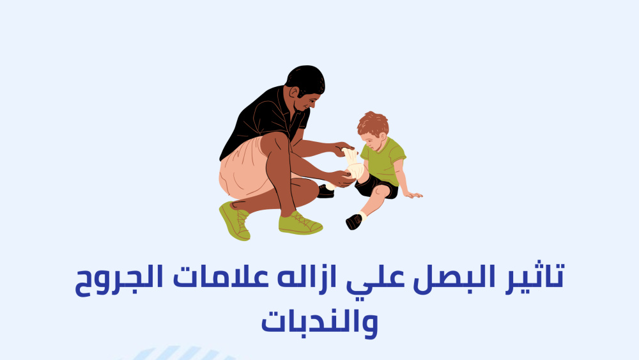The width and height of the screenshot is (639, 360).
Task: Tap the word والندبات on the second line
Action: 319,323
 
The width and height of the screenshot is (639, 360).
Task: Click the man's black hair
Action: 305,80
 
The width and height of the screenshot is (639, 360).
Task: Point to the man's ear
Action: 294,93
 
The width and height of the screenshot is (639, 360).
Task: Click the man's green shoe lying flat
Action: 300,224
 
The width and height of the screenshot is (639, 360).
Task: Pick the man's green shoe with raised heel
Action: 235,221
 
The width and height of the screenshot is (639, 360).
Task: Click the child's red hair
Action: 373,123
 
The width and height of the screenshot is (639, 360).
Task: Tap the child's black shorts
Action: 377,187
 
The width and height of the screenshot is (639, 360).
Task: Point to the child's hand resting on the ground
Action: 413,195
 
